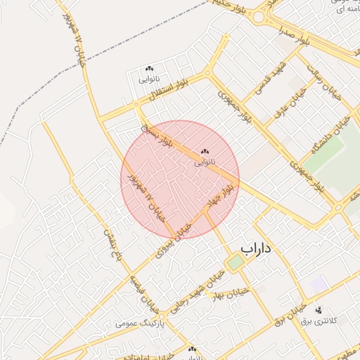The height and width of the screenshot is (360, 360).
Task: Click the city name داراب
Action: [256, 248]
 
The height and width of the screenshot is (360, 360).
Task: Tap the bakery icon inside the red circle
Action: [205, 151]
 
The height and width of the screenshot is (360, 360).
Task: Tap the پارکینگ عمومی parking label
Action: [140, 324]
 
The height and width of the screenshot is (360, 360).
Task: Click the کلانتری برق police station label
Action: [319, 321]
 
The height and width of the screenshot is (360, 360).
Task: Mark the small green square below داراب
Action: [235, 262]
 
